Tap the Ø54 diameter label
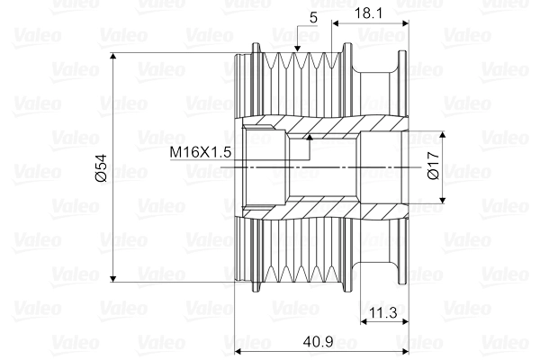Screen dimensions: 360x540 coord(100,168)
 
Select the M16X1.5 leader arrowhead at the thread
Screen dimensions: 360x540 coord(308,138)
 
